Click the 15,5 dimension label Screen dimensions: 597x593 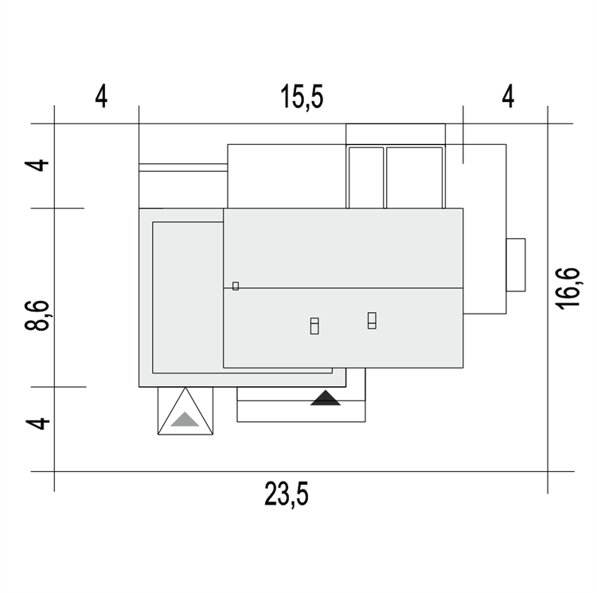(302, 96)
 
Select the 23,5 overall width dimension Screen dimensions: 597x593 (287, 494)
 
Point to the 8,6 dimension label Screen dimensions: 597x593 (37, 315)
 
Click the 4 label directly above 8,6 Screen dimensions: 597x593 (37, 166)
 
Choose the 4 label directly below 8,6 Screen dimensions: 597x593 (37, 423)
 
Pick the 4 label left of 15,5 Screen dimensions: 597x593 (101, 96)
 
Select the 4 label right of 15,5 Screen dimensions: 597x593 (509, 96)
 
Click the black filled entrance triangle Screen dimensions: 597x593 (326, 398)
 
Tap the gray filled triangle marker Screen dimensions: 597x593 (185, 419)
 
